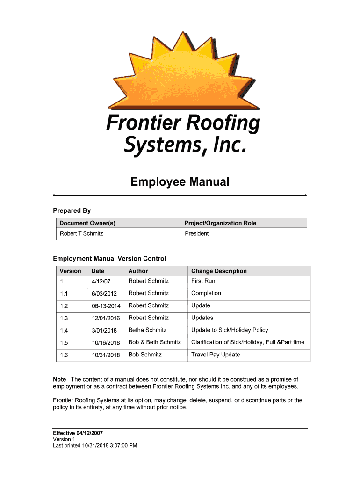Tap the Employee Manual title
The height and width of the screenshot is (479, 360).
tap(180, 181)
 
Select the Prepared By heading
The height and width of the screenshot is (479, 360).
tap(72, 211)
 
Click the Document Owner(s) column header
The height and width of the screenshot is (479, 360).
tap(87, 223)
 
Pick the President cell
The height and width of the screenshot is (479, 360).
tap(197, 233)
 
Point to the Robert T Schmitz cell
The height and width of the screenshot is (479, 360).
tap(81, 233)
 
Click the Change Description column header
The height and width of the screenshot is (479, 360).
tap(219, 271)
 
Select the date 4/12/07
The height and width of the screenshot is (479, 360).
tap(101, 282)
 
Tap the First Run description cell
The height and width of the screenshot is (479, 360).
tap(203, 281)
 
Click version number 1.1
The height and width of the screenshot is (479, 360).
tap(64, 294)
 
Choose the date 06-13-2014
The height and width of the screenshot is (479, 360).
tap(106, 306)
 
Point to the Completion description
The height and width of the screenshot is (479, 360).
tap(206, 293)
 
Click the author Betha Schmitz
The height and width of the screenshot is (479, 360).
tap(147, 330)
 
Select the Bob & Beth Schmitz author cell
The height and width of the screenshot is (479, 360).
tap(155, 342)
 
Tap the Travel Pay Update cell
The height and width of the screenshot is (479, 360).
tap(216, 355)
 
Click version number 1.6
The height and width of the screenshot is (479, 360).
tap(64, 355)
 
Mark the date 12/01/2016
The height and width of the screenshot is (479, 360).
tap(106, 318)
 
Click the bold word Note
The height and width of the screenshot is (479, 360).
tap(59, 379)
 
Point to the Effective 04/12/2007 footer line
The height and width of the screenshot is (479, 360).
tap(78, 433)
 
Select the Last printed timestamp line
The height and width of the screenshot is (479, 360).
tap(95, 446)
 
